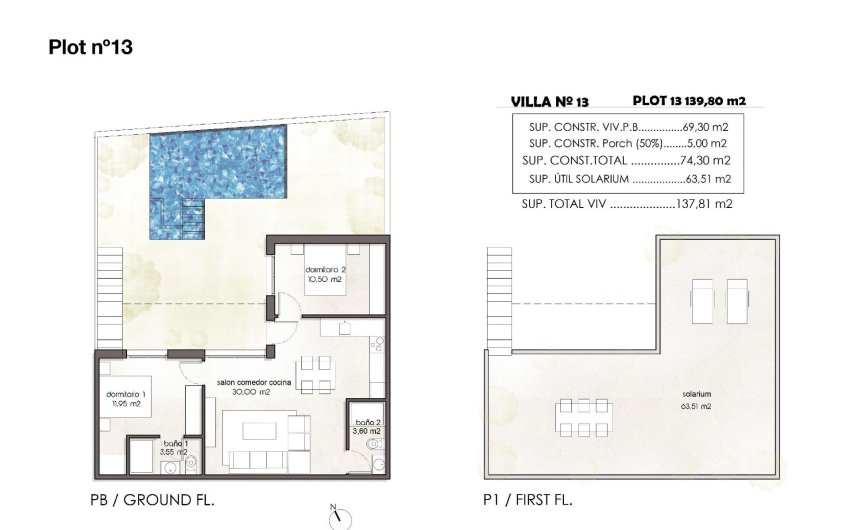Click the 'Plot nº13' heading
[91, 47]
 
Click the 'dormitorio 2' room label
[324, 272]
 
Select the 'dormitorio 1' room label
[127, 395]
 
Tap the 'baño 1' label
[175, 443]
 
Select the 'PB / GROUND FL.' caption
[153, 499]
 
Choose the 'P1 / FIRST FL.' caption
[527, 499]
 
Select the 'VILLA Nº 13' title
[549, 101]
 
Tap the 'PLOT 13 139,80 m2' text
[689, 100]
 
